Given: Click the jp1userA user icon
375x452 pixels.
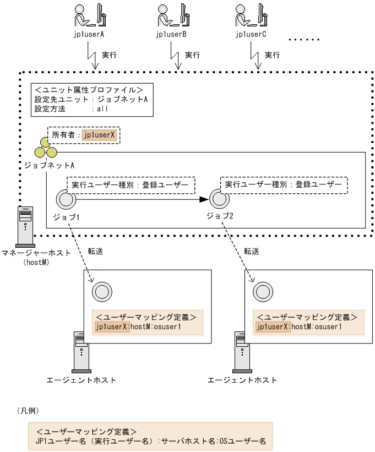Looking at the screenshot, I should click(x=90, y=15).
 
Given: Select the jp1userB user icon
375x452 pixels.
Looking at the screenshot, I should click(x=171, y=15).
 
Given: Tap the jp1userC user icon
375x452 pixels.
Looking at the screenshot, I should click(x=251, y=15).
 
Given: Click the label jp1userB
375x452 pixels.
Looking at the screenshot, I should click(x=171, y=35).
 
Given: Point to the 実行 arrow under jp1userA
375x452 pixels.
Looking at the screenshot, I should click(x=93, y=57).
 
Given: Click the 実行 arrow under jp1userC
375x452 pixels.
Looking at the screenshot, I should click(x=255, y=57).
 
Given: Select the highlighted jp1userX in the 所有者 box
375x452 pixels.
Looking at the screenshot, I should click(x=100, y=134).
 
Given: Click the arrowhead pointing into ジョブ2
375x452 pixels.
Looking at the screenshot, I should click(x=204, y=199).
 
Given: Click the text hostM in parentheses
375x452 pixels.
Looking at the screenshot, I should click(x=36, y=263).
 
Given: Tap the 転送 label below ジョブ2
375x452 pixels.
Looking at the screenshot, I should click(x=251, y=251).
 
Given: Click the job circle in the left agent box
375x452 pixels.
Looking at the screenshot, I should click(x=100, y=290).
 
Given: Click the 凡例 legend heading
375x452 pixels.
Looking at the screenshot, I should click(x=28, y=411).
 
